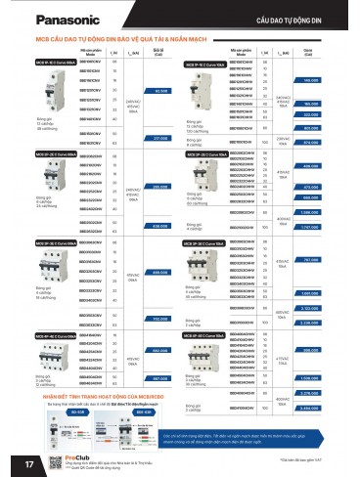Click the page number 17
[14, 461]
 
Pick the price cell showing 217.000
[161, 137]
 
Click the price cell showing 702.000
[161, 320]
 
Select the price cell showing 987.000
[161, 375]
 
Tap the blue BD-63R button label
[139, 411]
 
